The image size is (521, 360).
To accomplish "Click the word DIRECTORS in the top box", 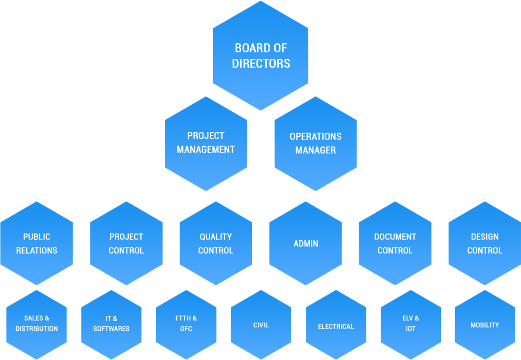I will pyautogui.click(x=261, y=64).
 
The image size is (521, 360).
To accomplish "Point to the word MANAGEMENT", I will pyautogui.click(x=206, y=150).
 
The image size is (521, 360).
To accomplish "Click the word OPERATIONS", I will pyautogui.click(x=316, y=137).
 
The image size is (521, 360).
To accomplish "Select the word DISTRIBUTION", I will pyautogui.click(x=37, y=329).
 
